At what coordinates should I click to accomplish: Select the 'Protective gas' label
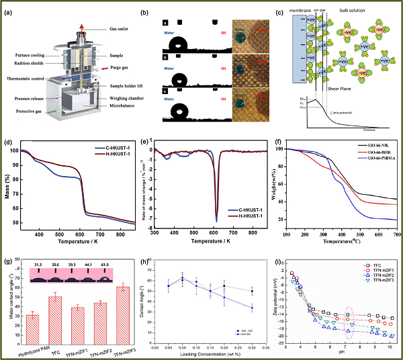[x=34, y=111]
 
